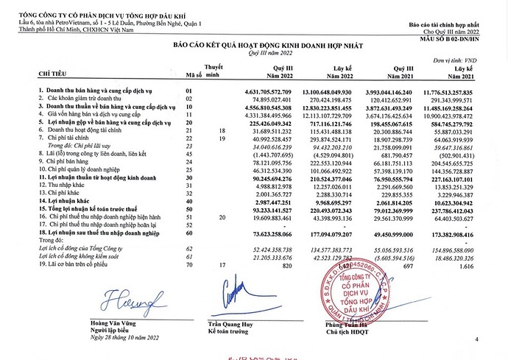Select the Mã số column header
pos(194,74)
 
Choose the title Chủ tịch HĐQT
pos(344,333)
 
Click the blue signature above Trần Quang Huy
pos(234,292)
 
